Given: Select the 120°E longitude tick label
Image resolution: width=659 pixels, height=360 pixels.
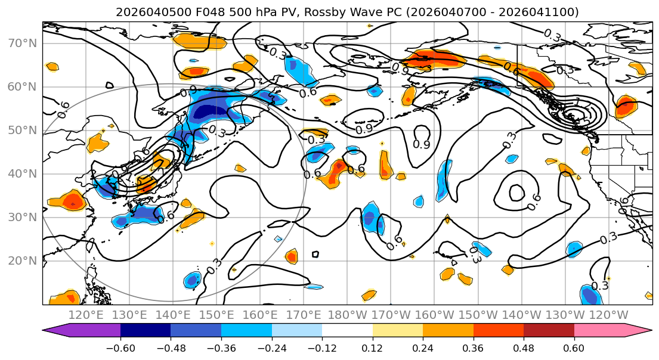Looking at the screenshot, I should [x=86, y=315].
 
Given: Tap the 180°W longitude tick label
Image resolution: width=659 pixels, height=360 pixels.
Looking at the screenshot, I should [x=347, y=315].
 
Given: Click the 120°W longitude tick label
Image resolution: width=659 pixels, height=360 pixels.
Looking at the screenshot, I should [x=608, y=315].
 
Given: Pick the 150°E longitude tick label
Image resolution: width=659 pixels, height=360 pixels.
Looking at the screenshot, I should [x=216, y=315].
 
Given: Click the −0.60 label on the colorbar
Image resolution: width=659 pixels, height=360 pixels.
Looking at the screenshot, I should [x=120, y=347].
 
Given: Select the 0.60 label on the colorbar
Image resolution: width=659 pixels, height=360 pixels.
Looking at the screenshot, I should [x=574, y=347].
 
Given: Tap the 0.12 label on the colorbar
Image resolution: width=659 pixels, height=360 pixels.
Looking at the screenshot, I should [x=373, y=347].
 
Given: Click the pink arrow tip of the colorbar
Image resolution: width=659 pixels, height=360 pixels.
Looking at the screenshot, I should [x=643, y=331].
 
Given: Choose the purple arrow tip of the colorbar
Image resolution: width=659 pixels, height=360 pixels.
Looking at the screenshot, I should [x=50, y=331].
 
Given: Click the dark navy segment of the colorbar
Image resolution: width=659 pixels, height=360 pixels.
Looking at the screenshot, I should [x=146, y=331].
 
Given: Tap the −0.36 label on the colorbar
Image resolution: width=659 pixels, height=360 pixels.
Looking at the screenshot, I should [x=221, y=347].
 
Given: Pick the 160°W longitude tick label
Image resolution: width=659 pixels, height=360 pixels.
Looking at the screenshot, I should [x=434, y=315].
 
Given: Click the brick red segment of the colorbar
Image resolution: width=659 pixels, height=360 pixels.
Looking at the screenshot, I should [x=549, y=331].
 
